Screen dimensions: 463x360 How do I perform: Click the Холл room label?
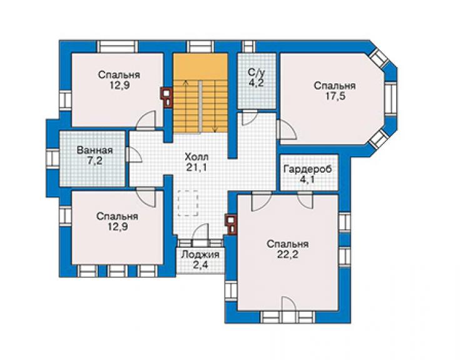coord(196,156)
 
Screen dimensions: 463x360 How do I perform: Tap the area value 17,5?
coord(335,96)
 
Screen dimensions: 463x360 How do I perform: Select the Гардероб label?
coord(308,169)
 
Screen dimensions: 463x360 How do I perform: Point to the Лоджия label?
coord(200,254)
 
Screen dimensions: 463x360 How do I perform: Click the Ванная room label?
coord(94,150)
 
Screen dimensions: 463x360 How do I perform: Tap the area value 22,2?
coord(288,255)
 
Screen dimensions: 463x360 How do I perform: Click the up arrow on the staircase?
coord(186,106)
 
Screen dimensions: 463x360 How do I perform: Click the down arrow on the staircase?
coord(215,106)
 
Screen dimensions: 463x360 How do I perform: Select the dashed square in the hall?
coord(188,203)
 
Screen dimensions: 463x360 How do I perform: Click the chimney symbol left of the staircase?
coord(167,97)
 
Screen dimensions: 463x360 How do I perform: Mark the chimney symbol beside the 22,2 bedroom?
coord(232,224)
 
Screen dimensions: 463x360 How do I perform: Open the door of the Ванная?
coord(134,154)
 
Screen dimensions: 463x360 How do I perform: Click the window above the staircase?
coord(200,47)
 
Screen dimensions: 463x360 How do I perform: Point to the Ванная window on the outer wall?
coord(53,158)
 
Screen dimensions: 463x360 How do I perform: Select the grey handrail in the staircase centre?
coord(200,108)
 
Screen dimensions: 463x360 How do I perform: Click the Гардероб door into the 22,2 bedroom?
coord(305,200)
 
